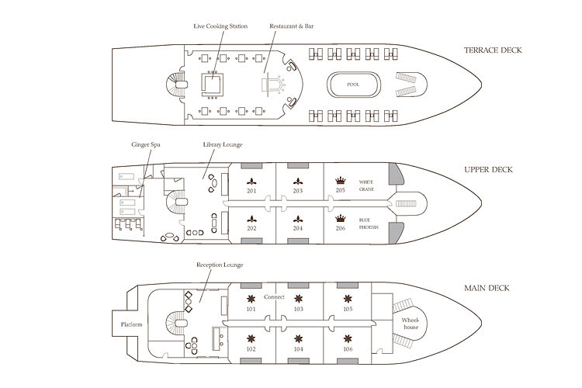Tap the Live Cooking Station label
(x=220, y=26)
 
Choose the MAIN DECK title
(x=486, y=288)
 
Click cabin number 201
(x=252, y=191)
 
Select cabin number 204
(x=298, y=229)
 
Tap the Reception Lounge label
(x=220, y=265)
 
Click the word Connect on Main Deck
(x=274, y=297)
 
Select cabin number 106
(x=346, y=348)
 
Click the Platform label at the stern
(x=130, y=324)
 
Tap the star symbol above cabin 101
(x=251, y=298)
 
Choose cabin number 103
(x=298, y=309)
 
